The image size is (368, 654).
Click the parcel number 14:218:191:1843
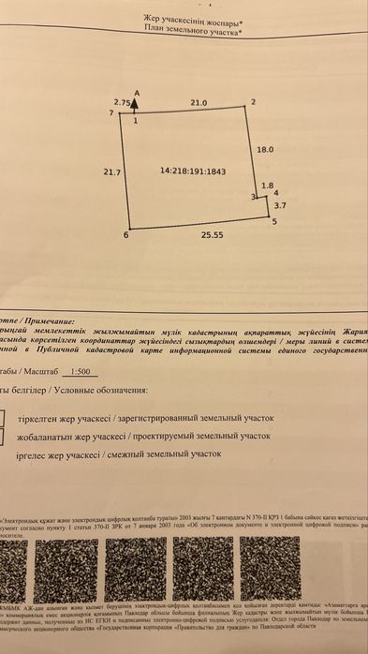pos(193,171)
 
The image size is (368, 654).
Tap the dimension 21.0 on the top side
pos(199,102)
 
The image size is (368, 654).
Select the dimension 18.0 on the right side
pos(265,149)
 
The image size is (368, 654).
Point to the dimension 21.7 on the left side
pos(112,171)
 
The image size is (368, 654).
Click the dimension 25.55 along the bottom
pos(213,236)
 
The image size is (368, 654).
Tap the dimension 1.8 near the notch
pos(268,186)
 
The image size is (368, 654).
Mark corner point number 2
pos(253,102)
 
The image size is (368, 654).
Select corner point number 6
pos(125,234)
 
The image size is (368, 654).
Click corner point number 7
pos(110,112)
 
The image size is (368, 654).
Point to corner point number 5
pos(274,222)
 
